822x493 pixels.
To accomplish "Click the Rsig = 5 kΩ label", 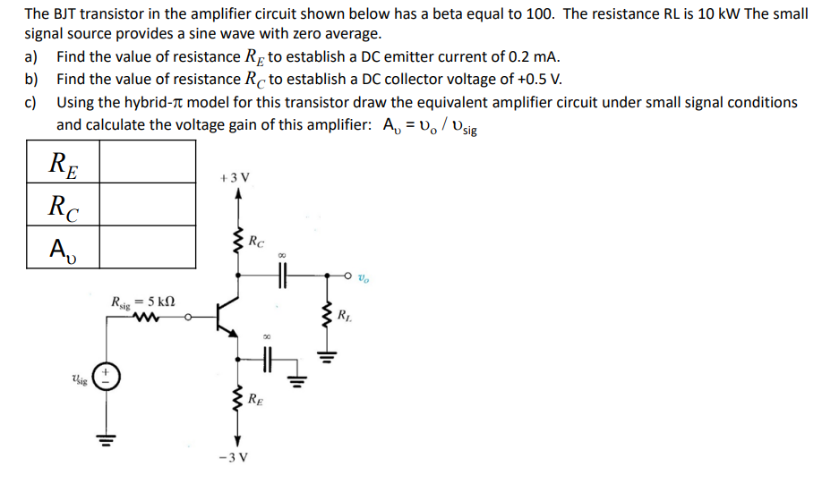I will click(144, 302).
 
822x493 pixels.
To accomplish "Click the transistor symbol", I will click(227, 317).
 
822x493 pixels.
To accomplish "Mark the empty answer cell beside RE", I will click(146, 162).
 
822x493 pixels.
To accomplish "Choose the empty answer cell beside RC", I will click(146, 205).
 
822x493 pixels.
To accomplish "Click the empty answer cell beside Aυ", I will click(146, 247).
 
